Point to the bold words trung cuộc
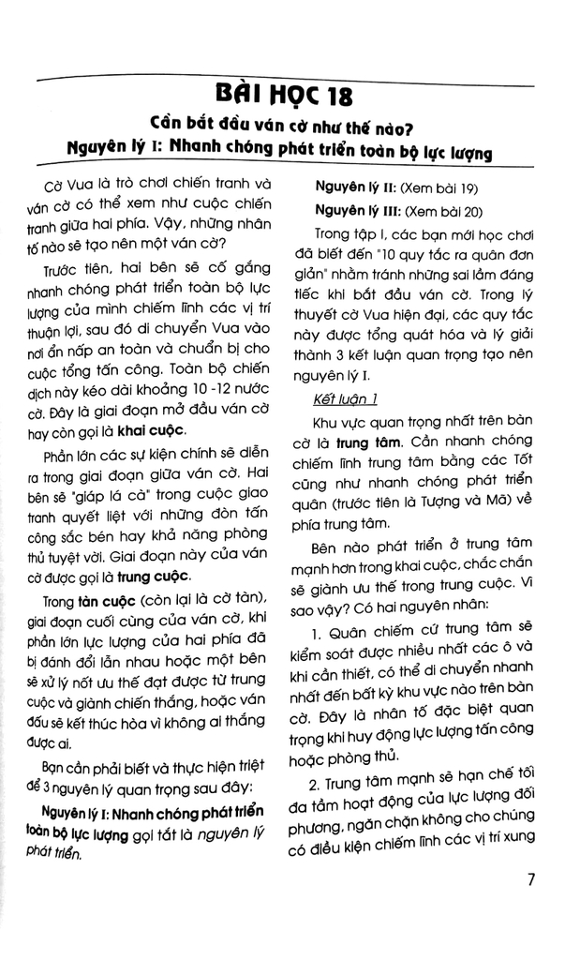point(155,575)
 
